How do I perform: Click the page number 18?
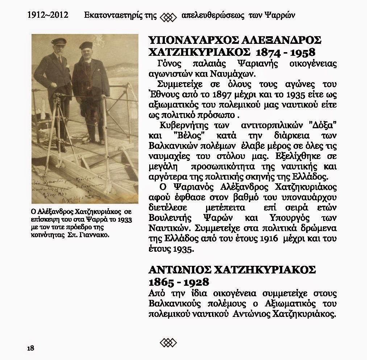click(x=30, y=348)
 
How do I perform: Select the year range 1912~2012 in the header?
click(x=48, y=16)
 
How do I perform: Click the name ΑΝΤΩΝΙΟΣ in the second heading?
click(x=179, y=270)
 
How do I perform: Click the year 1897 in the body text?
click(x=214, y=95)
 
